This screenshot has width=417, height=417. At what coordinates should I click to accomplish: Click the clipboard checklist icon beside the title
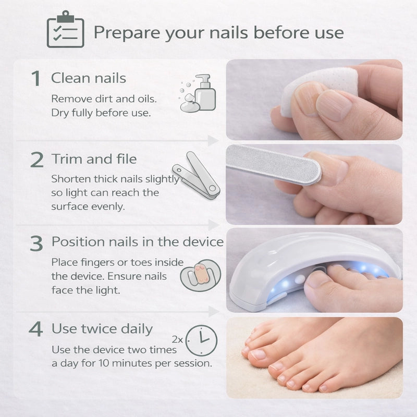click(66, 29)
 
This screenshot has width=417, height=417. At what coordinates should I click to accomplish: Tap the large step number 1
click(35, 79)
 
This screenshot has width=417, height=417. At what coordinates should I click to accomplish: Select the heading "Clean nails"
click(89, 78)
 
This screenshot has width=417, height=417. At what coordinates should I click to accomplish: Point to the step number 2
click(36, 160)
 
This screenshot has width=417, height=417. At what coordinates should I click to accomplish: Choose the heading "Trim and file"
click(94, 159)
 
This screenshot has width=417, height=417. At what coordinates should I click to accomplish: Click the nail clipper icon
click(197, 176)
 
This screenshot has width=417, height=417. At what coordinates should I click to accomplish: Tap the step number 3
click(36, 243)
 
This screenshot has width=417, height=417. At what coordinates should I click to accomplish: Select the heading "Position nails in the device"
click(138, 242)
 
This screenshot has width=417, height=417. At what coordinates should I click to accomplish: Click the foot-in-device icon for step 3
click(201, 275)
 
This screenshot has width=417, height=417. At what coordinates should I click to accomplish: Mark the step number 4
click(35, 329)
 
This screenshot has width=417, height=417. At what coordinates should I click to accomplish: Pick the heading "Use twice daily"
click(102, 329)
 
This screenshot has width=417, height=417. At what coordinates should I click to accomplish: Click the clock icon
click(201, 340)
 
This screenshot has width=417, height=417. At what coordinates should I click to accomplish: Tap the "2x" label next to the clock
click(177, 340)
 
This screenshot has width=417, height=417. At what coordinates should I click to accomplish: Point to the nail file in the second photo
click(273, 164)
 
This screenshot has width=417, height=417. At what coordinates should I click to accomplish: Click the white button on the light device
click(300, 279)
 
